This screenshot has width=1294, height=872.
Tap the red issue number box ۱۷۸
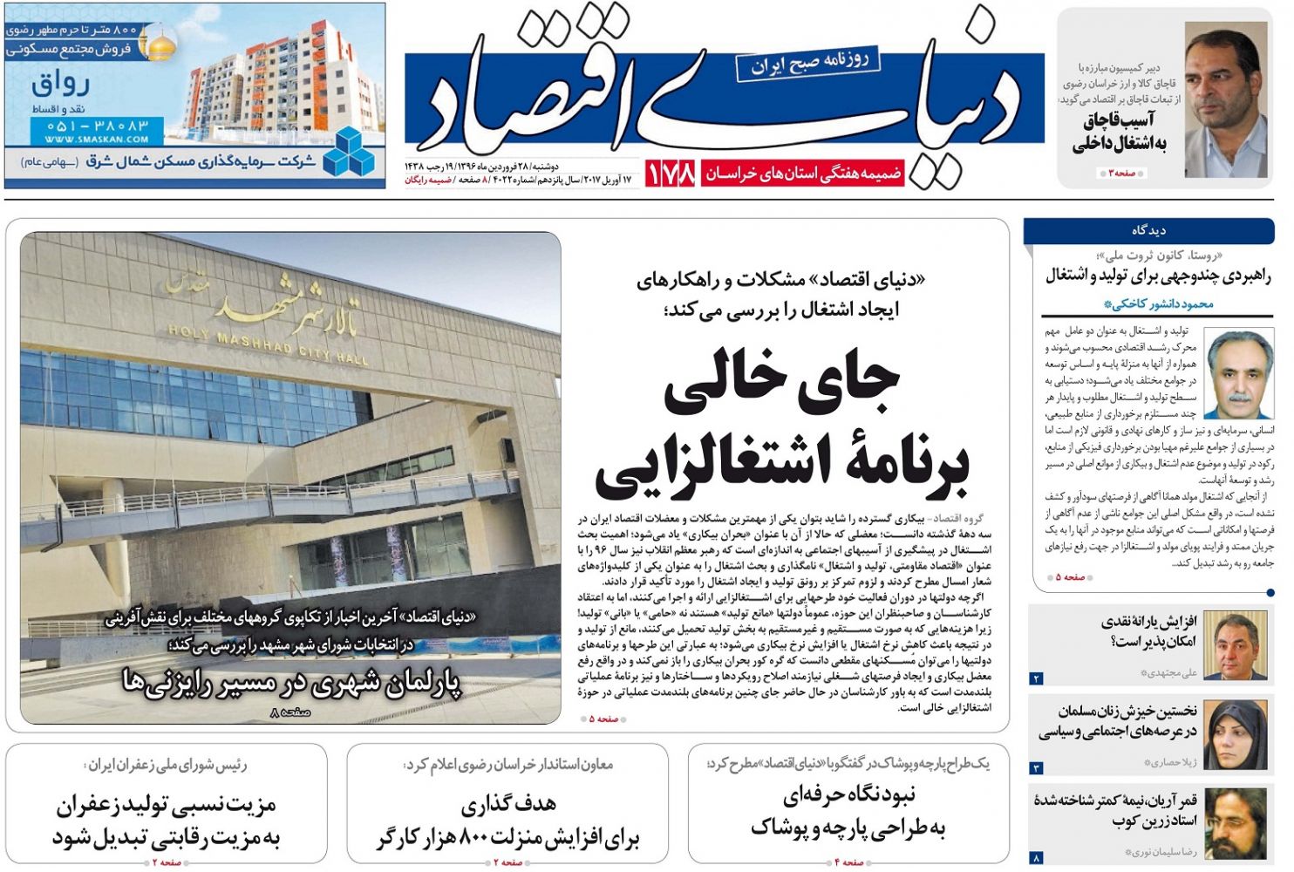671,173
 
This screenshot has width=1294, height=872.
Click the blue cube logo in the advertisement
348,150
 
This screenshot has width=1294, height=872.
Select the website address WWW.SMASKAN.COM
97,139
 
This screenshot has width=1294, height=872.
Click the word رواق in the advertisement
61,85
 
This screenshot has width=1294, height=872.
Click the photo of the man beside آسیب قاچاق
1225,100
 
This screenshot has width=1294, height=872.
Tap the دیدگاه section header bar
1148,230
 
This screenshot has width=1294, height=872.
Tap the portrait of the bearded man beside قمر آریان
1236,824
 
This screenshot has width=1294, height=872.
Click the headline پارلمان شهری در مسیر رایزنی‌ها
291,683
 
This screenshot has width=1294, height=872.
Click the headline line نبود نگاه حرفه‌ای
848,795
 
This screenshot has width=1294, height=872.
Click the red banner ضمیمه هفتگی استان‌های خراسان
803,173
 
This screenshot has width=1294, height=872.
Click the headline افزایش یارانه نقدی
1148,622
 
